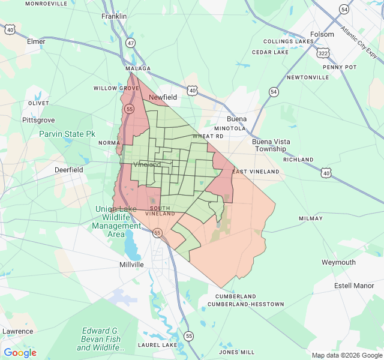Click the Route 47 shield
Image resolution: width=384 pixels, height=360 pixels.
coord(131,43)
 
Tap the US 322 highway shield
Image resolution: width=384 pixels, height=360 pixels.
coord(323,53)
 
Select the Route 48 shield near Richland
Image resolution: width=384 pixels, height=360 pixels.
coord(326,173)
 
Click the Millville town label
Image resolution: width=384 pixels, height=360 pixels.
coord(131,264)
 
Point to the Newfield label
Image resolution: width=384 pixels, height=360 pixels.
coord(163,97)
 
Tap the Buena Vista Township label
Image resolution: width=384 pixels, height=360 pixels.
coord(271,145)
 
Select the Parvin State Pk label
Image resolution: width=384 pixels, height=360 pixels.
coord(67,134)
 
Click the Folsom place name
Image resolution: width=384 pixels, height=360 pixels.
coord(322,34)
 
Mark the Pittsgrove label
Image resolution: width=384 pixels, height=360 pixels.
coord(38,120)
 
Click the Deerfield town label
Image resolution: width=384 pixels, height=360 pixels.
coord(68,170)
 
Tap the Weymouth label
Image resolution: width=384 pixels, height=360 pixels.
coord(338,262)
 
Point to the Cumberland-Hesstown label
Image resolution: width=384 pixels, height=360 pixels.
coord(245,304)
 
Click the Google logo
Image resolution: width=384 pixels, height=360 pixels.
coord(20,353)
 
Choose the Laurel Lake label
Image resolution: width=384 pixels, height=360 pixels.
coord(157,345)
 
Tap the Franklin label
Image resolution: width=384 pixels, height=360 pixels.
coord(114,16)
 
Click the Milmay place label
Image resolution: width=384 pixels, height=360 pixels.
coord(310,218)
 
